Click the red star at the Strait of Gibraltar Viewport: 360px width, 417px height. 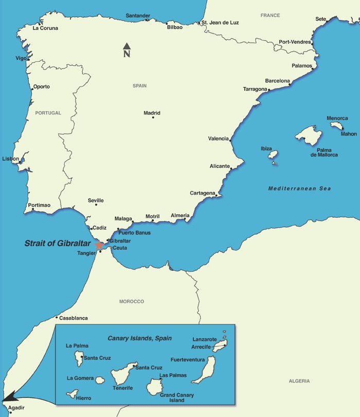click(99, 245)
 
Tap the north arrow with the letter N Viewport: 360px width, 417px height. click(127, 50)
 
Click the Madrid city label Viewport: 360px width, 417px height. click(152, 113)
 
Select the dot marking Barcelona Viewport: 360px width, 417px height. click(290, 85)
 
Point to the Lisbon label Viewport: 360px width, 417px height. click(11, 159)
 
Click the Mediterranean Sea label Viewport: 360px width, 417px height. click(299, 189)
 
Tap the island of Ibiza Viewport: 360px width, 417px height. click(273, 154)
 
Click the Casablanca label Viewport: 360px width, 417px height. click(74, 318)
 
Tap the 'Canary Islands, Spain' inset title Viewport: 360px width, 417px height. click(139, 338)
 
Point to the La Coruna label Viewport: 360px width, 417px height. click(45, 28)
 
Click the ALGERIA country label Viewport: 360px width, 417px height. click(299, 381)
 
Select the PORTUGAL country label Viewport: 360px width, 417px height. click(48, 113)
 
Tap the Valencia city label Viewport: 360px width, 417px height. click(218, 138)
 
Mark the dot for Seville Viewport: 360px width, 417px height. click(96, 205)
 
